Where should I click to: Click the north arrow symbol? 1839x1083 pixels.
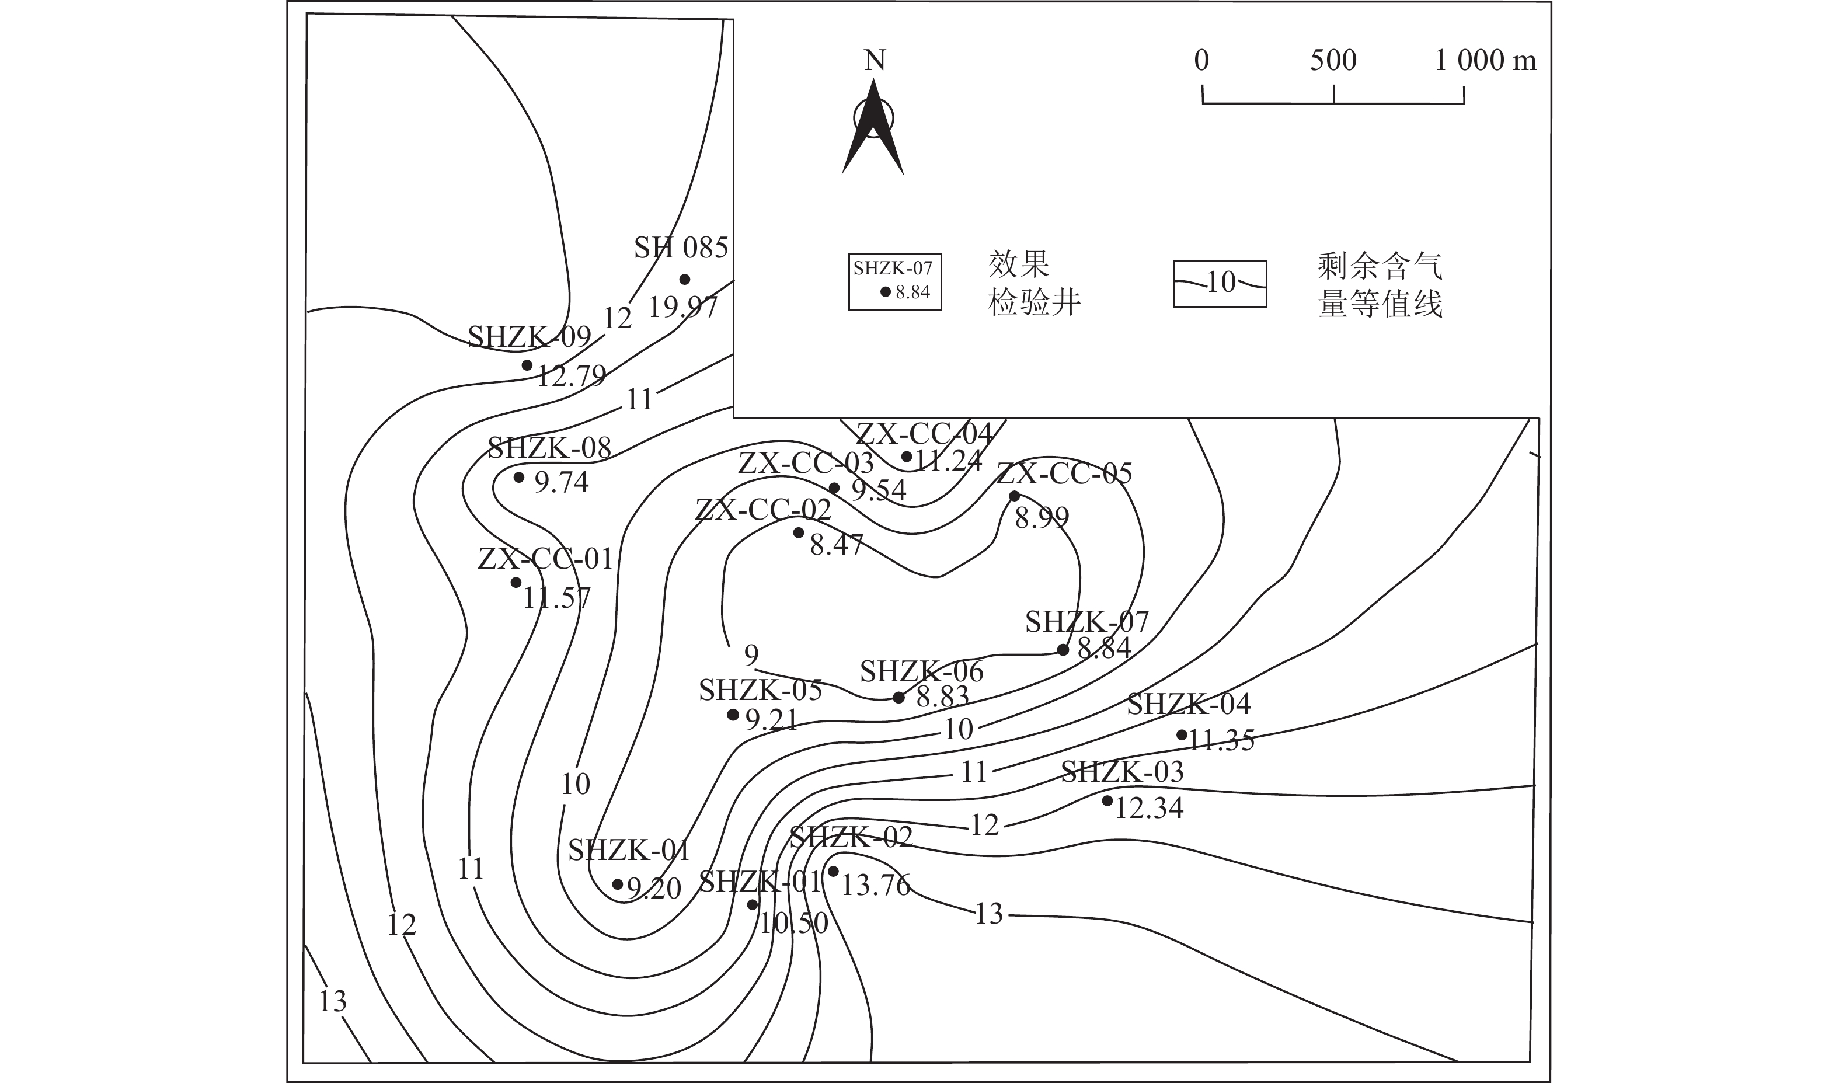[x=873, y=128]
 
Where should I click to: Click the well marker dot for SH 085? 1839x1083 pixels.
[x=684, y=280]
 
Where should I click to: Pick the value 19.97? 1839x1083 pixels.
[x=683, y=307]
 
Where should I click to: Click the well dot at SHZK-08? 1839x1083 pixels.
[x=519, y=478]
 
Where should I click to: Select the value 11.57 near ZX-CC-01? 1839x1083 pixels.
[x=556, y=598]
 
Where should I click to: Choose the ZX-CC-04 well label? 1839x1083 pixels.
[x=924, y=434]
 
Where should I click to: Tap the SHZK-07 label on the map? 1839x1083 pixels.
[x=1086, y=622]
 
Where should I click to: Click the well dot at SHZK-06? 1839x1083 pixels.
[x=899, y=698]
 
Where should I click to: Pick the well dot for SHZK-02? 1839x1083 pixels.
[x=833, y=871]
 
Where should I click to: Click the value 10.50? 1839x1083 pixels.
[x=793, y=923]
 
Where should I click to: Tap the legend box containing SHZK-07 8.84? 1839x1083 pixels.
[x=894, y=281]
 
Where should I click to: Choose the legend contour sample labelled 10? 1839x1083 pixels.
[x=1220, y=283]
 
